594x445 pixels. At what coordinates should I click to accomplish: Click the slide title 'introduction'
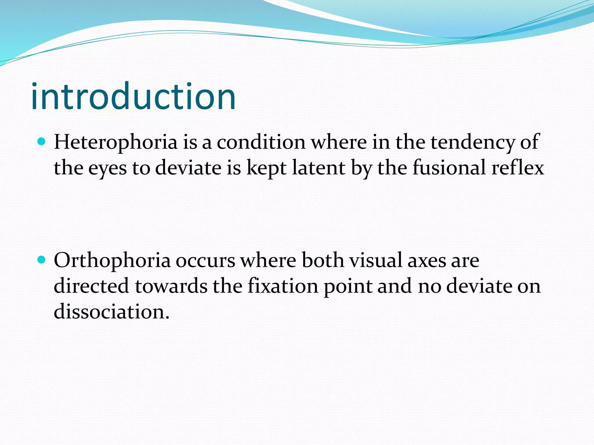coord(133,96)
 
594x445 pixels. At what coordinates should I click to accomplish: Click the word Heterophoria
coord(115,143)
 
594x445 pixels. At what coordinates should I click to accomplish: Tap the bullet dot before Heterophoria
coord(42,142)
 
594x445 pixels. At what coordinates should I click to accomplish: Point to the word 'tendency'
coord(472,143)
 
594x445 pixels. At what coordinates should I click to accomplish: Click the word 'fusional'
coord(449,168)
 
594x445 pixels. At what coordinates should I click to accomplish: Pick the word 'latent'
coord(318,168)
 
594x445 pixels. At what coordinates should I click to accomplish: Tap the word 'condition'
coord(261,143)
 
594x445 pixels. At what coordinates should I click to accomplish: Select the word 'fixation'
coord(283,286)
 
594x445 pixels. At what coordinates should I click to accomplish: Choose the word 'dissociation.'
coord(111,312)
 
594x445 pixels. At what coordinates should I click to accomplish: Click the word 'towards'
coord(171,286)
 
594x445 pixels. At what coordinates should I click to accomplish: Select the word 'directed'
coord(91,286)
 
